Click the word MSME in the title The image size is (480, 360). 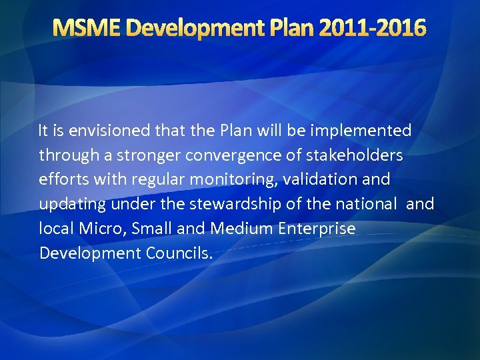(87, 28)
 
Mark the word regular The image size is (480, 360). (153, 180)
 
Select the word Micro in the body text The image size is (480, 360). (96, 229)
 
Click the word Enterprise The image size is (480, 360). (316, 229)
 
